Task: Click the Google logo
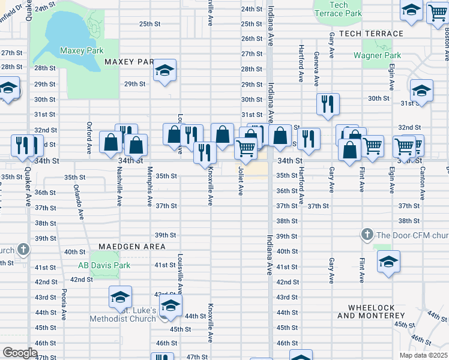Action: click(20, 353)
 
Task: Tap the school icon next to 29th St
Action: click(164, 71)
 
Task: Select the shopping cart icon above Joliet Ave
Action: click(246, 148)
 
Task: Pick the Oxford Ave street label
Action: click(89, 139)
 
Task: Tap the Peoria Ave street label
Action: click(63, 305)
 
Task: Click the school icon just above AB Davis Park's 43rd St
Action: click(120, 297)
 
